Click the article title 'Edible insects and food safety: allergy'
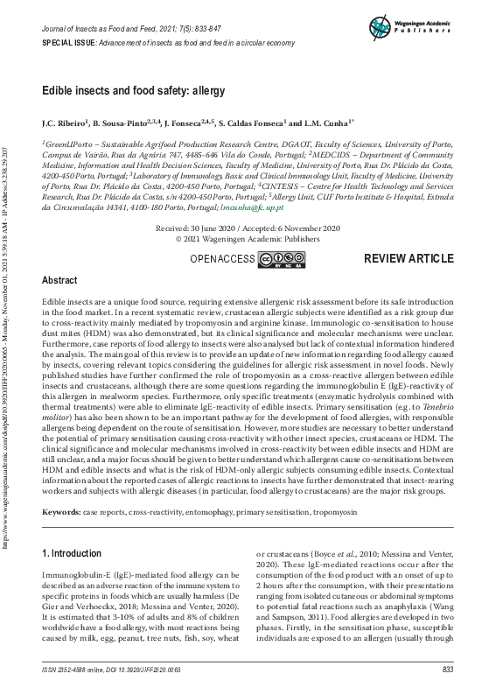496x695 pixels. pos(134,90)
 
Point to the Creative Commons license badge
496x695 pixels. pos(282,259)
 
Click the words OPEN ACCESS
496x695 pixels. pos(221,259)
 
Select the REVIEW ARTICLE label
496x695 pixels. pos(409,259)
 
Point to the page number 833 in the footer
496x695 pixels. pos(447,670)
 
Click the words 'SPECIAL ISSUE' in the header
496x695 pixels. pos(69,43)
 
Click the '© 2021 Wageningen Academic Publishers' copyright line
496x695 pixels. pos(248,237)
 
